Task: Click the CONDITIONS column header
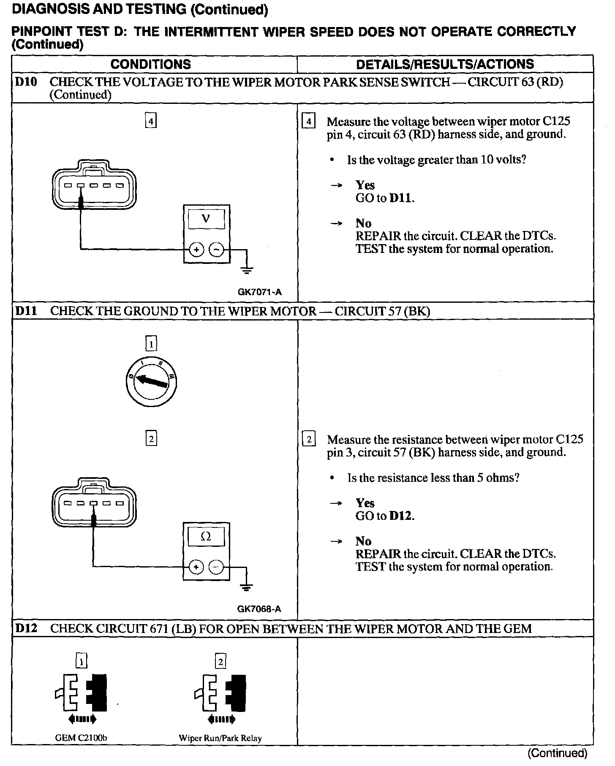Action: tap(150, 64)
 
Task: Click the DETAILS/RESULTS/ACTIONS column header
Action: tap(445, 64)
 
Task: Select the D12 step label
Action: tap(26, 628)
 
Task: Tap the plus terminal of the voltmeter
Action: tap(196, 250)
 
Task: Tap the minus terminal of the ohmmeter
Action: tap(216, 567)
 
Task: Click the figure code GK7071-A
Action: tap(259, 292)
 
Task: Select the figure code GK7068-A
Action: tap(259, 609)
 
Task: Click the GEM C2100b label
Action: tap(81, 738)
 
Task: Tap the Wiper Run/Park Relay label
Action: tap(220, 738)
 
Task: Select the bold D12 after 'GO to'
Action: tap(400, 516)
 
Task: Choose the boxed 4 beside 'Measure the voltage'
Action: tap(309, 122)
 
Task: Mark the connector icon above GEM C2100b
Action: tap(81, 698)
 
